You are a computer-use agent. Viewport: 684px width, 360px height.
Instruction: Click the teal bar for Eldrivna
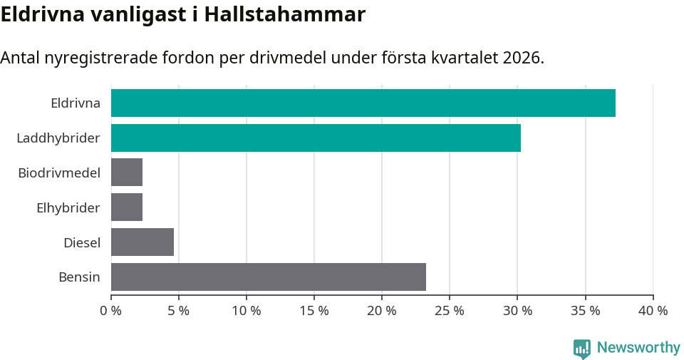363,103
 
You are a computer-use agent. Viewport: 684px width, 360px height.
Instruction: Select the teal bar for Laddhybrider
316,138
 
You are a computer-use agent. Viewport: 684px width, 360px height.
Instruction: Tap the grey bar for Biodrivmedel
127,173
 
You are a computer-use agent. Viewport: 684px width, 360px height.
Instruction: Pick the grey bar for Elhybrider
127,207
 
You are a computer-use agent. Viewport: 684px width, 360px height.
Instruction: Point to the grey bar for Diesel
142,242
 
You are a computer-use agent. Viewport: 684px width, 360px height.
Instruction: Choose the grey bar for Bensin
269,277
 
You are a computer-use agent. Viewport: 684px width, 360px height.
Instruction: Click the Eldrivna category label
75,103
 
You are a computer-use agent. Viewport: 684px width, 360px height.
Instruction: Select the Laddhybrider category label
58,138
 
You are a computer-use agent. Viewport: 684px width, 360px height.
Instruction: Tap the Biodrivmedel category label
59,173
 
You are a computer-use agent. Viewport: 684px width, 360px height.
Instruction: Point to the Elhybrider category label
68,207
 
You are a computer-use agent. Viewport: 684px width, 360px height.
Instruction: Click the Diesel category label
82,242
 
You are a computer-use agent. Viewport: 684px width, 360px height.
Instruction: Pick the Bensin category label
79,277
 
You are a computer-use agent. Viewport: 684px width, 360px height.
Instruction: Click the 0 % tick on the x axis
111,311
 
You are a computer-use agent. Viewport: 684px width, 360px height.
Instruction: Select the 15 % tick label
314,311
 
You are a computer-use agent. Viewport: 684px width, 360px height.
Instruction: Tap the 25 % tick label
450,311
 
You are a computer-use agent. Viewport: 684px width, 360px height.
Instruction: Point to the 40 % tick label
653,311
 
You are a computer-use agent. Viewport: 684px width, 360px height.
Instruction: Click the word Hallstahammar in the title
284,14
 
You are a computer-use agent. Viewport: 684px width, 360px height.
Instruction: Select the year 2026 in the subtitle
522,58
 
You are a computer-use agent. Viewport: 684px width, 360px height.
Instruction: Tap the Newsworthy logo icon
582,348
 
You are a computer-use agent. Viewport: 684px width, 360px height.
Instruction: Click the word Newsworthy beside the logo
638,347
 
